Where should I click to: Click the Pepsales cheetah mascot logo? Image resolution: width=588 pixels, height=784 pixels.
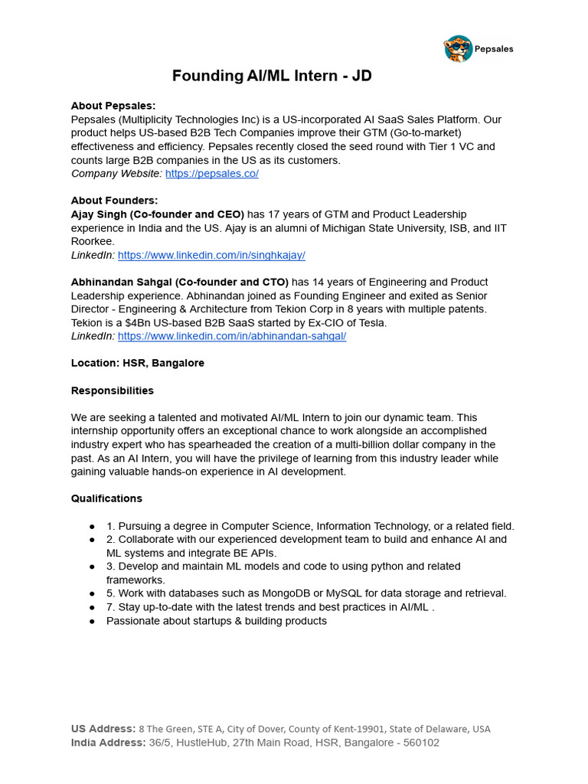coord(458,48)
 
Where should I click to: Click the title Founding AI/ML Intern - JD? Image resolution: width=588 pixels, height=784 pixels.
coord(272,76)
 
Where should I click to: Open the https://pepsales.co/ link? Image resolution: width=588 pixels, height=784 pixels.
coord(212,174)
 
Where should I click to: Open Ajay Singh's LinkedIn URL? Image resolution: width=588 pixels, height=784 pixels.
coord(211,255)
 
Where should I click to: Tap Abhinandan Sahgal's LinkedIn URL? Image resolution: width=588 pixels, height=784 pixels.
coord(232,336)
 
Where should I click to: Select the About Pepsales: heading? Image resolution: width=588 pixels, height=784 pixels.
coord(113,106)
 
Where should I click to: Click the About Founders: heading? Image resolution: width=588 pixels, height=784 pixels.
coord(114,201)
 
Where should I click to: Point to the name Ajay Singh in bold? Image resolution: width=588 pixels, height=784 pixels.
coord(102,214)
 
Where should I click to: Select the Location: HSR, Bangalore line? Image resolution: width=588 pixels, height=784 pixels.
coord(138,363)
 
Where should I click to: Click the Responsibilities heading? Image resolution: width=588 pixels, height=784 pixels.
coord(113,390)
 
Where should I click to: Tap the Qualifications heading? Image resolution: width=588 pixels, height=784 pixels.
coord(106,498)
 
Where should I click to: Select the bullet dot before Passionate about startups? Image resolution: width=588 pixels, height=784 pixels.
coord(92,621)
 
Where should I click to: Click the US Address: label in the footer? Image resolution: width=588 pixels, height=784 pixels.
coord(103,729)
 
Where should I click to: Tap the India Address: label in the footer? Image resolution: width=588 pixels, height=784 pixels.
coord(108,743)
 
